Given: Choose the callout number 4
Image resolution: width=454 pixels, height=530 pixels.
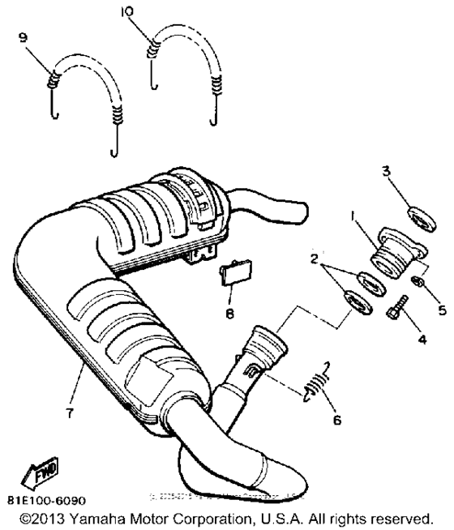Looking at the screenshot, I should [x=422, y=339].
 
